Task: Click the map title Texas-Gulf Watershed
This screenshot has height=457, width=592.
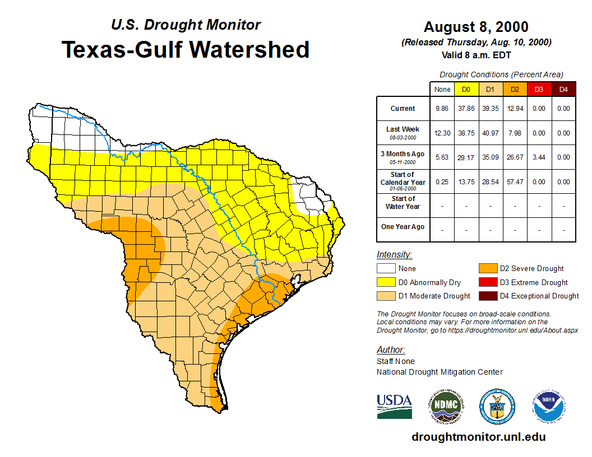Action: [186, 49]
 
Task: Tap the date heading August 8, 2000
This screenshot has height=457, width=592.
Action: [476, 27]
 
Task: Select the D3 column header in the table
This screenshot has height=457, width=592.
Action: [539, 89]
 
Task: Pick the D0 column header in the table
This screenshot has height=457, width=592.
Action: [466, 89]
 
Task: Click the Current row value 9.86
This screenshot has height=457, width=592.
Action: [442, 109]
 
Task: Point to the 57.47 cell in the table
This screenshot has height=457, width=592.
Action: [515, 182]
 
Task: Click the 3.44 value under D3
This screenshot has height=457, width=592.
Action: [539, 157]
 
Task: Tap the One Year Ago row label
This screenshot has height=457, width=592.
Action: [403, 227]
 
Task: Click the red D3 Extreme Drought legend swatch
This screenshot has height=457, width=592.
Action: [487, 282]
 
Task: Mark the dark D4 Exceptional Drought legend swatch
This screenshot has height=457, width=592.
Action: [487, 296]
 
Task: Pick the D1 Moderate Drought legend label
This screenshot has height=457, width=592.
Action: [434, 296]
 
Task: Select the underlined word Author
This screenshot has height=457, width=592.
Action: [390, 350]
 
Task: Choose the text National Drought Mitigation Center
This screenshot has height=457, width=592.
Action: [440, 372]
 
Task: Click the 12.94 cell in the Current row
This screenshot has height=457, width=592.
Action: [515, 109]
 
